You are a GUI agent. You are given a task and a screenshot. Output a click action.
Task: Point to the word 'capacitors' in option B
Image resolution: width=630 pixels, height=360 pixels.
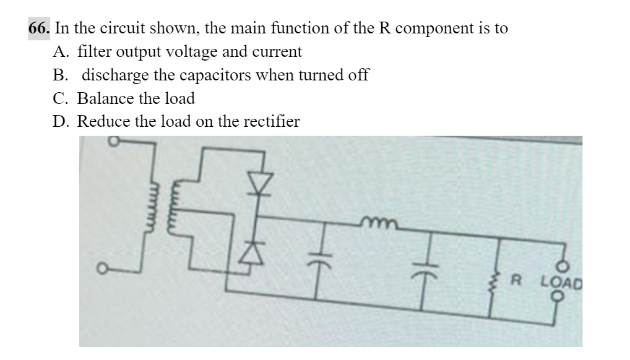[x=199, y=75]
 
